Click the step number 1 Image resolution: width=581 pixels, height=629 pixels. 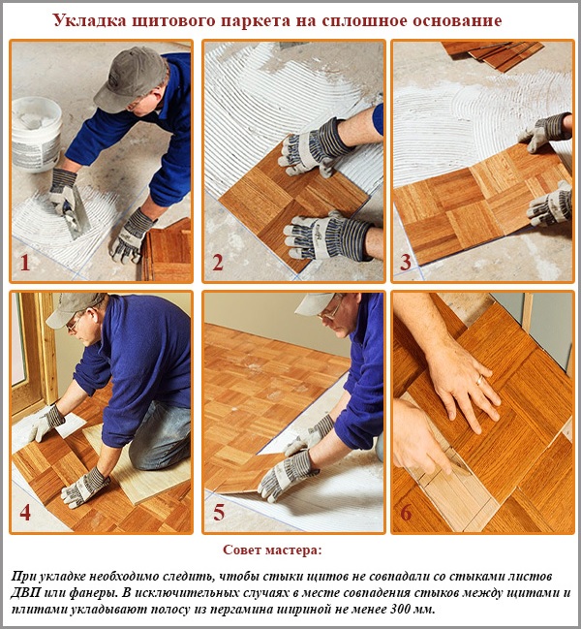tap(26, 263)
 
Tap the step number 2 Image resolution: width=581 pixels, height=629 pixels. tap(218, 263)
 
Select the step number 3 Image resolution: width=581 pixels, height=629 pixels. tap(406, 263)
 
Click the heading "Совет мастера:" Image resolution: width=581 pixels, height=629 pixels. tap(272, 550)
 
